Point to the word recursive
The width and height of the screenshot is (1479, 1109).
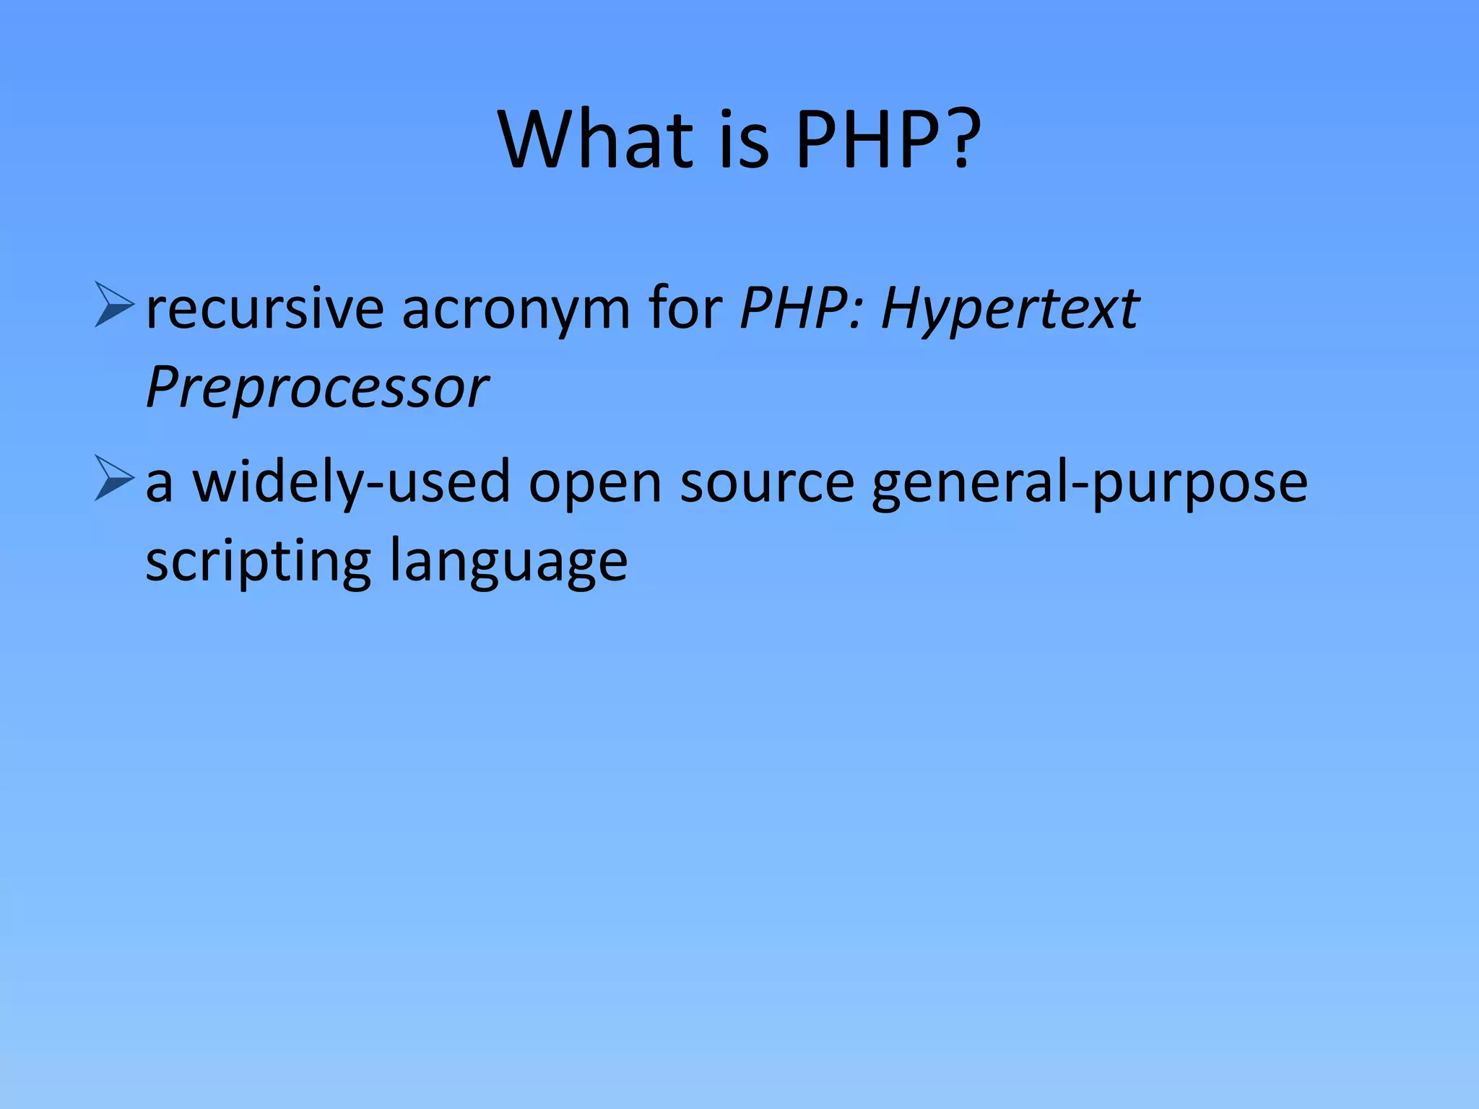[x=264, y=309]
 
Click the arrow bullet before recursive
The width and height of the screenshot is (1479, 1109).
[x=114, y=306]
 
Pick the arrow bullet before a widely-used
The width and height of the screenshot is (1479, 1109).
[x=114, y=479]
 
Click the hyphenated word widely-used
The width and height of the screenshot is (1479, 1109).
[x=351, y=482]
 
